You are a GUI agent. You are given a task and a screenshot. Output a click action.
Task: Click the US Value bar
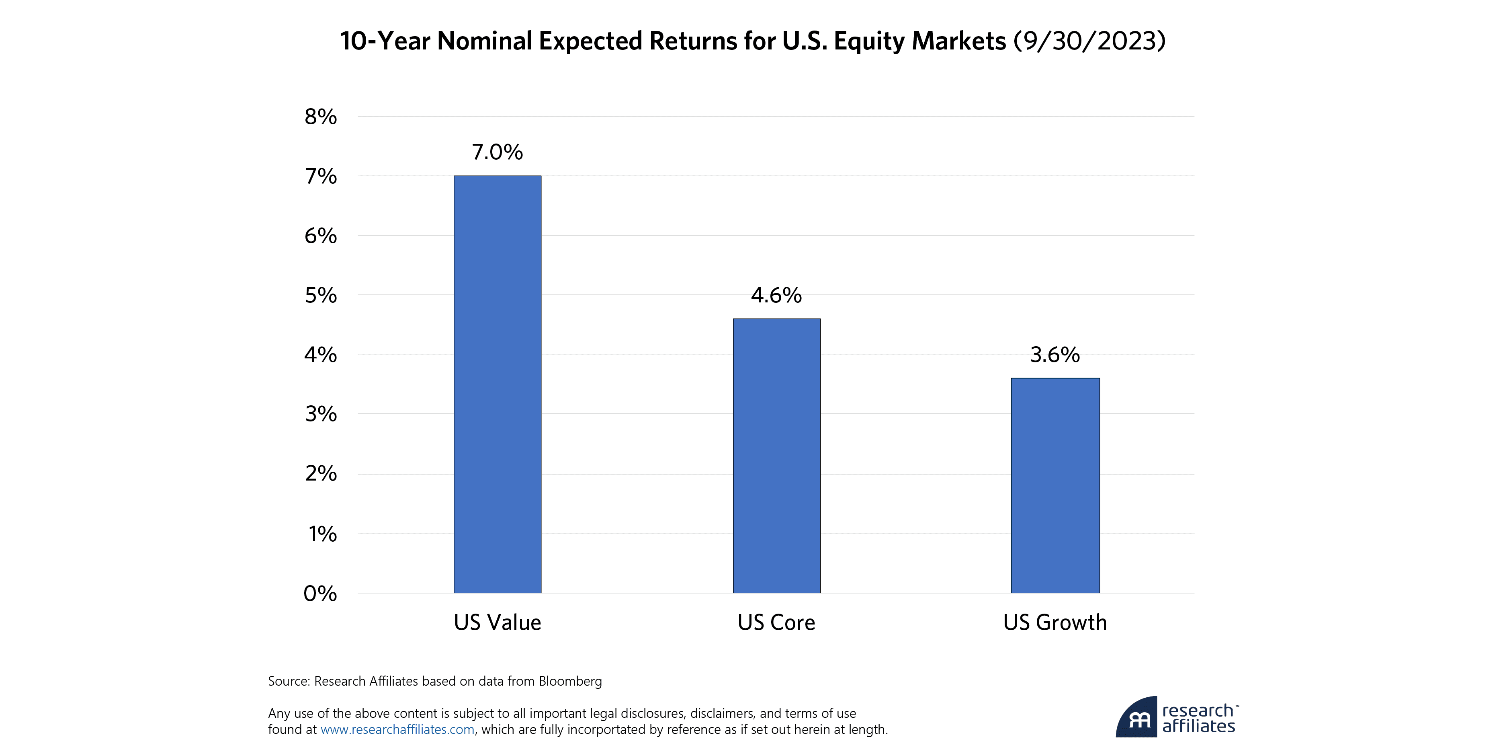[x=497, y=384]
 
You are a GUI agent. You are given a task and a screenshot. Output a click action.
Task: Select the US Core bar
[x=776, y=456]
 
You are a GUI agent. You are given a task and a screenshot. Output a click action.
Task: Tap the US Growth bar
[x=1055, y=485]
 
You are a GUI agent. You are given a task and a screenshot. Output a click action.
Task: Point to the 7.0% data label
[x=497, y=152]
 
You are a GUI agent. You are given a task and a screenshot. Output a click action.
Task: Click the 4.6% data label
[x=776, y=295]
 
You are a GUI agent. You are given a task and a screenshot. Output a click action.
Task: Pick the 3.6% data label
[x=1055, y=355]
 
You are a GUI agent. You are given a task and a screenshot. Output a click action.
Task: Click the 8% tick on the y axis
[x=321, y=117]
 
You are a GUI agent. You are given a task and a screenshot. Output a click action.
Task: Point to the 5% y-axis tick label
[x=321, y=296]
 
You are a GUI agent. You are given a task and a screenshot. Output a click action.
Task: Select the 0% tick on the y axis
[x=321, y=594]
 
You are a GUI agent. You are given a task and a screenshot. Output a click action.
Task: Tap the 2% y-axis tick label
[x=321, y=474]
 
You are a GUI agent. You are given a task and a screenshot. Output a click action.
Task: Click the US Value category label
[x=497, y=622]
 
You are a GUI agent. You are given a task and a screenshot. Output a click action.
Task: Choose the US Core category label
[x=776, y=622]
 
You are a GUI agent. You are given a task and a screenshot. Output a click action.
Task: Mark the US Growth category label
[x=1055, y=622]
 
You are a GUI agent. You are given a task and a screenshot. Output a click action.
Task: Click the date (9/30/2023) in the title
[x=1089, y=41]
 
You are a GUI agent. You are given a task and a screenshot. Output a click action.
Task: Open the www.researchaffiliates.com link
[x=397, y=729]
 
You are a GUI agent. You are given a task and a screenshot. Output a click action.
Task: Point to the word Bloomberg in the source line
[x=570, y=681]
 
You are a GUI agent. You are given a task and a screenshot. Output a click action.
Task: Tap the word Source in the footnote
[x=288, y=681]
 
